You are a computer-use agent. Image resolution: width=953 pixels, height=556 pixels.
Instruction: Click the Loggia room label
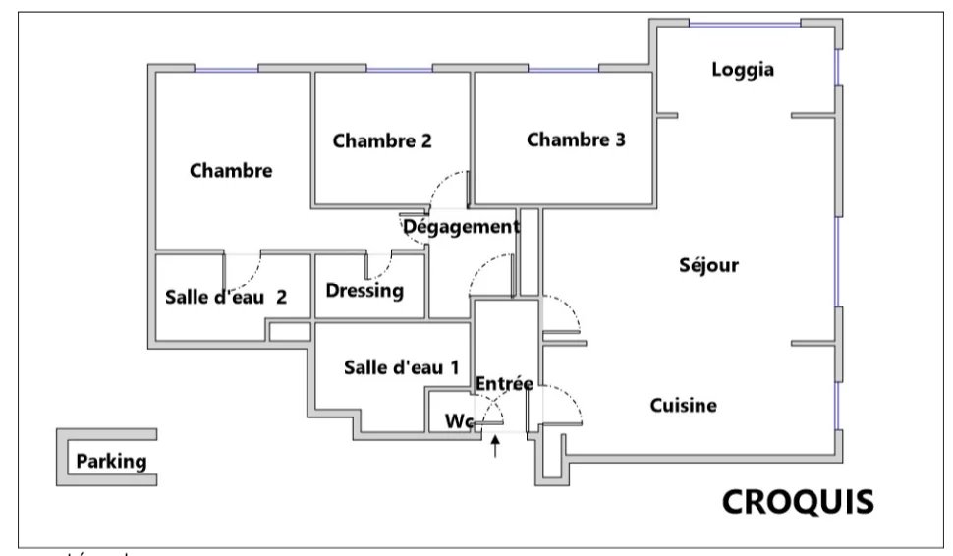point(743,70)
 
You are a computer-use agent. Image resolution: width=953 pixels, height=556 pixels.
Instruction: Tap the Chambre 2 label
point(382,140)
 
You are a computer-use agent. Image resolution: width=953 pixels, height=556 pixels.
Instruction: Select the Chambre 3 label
point(576,139)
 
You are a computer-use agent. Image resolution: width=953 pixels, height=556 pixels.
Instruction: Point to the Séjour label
point(708,265)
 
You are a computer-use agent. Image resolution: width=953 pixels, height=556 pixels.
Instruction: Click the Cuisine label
point(684,405)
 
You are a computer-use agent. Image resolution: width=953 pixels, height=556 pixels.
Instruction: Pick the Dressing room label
point(364,291)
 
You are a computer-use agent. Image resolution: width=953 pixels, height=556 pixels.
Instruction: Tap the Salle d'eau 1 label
point(401,367)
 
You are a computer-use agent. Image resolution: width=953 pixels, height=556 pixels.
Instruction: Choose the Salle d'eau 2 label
point(226,297)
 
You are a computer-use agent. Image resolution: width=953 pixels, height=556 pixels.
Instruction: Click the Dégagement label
point(461,227)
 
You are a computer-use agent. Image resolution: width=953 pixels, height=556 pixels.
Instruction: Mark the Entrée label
point(503,383)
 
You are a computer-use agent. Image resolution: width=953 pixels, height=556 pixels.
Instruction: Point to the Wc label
point(459,421)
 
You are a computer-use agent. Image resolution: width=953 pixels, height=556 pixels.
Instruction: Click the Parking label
point(111,461)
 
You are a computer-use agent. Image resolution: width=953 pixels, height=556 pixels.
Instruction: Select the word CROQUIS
point(798,501)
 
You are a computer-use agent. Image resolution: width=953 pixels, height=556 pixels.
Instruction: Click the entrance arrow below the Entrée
point(496,447)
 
